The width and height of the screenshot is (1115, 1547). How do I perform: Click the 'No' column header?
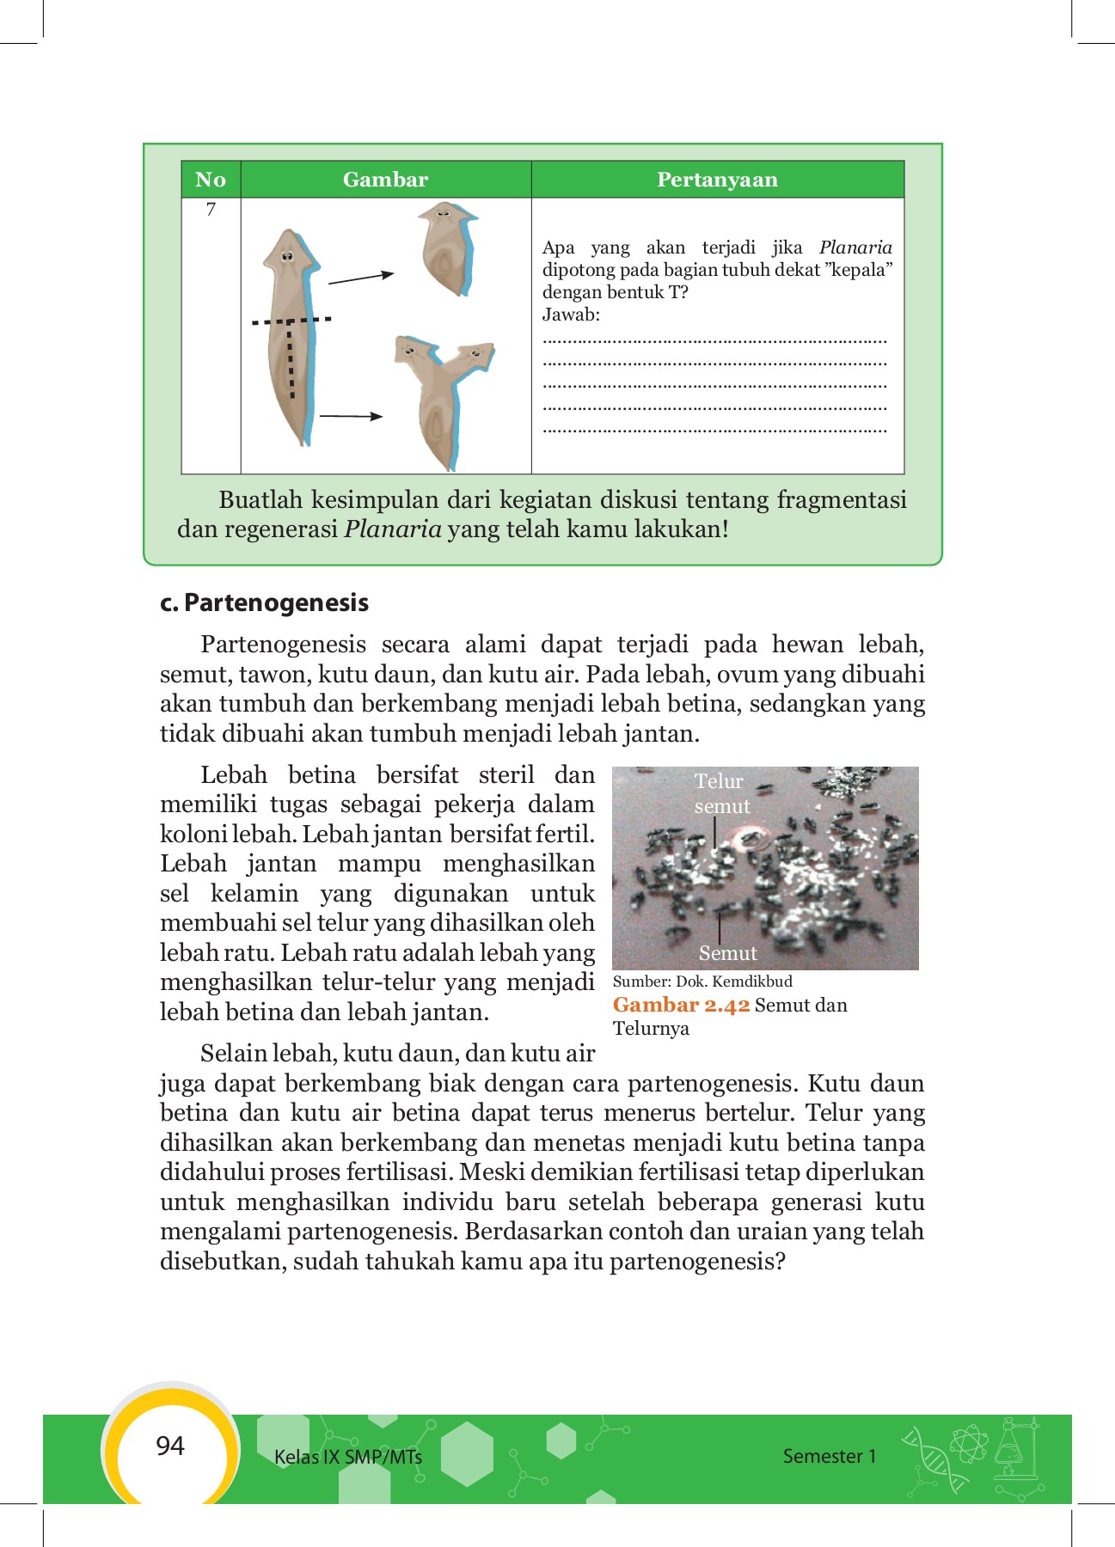click(x=211, y=180)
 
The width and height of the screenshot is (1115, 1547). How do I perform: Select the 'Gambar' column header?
click(x=385, y=180)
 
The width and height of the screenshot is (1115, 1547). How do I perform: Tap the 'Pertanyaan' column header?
click(x=717, y=180)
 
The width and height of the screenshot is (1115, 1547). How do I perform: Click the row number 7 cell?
click(x=211, y=210)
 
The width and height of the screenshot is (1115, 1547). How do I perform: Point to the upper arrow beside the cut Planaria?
click(x=361, y=278)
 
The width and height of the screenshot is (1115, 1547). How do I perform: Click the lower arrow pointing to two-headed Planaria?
click(x=351, y=417)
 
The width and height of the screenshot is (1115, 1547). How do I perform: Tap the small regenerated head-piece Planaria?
click(x=448, y=248)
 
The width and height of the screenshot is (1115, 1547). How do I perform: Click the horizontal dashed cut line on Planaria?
click(x=291, y=321)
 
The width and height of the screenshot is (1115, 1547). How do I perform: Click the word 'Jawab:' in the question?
click(x=571, y=315)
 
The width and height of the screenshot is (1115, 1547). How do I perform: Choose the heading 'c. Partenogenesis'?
click(x=264, y=602)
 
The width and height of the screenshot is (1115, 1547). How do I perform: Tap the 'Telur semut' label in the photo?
click(x=721, y=793)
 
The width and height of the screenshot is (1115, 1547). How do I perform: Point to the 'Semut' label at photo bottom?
click(x=727, y=953)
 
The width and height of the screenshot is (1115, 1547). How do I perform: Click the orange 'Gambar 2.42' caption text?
click(x=681, y=1006)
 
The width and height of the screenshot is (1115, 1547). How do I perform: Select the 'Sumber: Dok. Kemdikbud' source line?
click(x=702, y=981)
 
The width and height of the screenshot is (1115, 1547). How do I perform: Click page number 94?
click(x=170, y=1446)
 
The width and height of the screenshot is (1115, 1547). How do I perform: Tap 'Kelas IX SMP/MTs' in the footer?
click(x=347, y=1457)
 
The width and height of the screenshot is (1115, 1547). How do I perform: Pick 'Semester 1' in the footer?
click(x=829, y=1456)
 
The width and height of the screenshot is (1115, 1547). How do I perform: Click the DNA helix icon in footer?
click(x=934, y=1458)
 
